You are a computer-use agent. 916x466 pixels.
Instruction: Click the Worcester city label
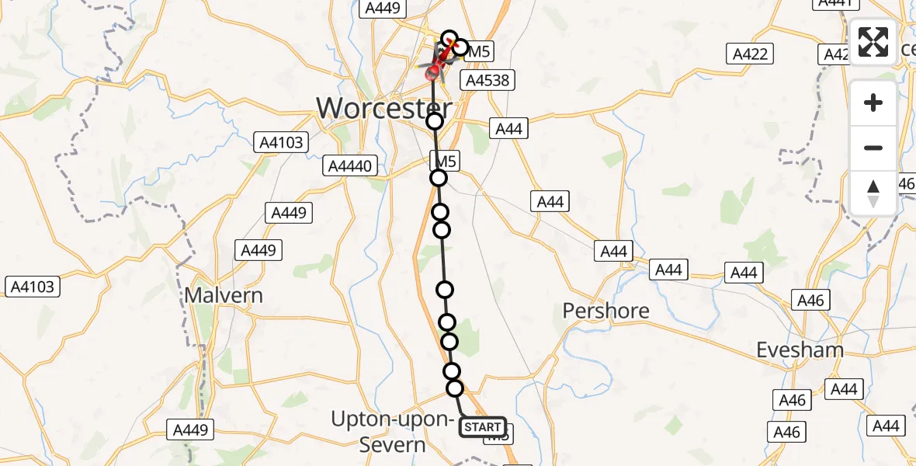[x=383, y=108]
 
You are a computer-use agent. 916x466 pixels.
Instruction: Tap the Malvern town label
[x=224, y=296]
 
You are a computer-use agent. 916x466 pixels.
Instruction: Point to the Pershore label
[x=605, y=311]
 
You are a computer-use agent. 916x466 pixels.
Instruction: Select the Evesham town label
[x=800, y=349]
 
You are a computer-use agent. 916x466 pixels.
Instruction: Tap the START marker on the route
[x=483, y=427]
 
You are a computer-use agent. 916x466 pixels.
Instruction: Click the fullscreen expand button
[x=873, y=42]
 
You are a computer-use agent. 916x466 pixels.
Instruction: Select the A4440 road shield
[x=352, y=165]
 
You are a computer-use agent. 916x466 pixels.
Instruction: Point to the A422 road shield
[x=750, y=54]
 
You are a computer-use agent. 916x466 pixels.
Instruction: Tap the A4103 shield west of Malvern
[x=32, y=287]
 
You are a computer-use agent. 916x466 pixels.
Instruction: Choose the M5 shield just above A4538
[x=478, y=51]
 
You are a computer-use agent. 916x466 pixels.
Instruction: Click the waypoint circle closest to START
[x=455, y=388]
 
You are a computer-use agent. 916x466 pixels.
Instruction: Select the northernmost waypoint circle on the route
[x=449, y=38]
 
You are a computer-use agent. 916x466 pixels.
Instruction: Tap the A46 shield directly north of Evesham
[x=812, y=300]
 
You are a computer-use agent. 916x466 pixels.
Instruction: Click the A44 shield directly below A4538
[x=508, y=128]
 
